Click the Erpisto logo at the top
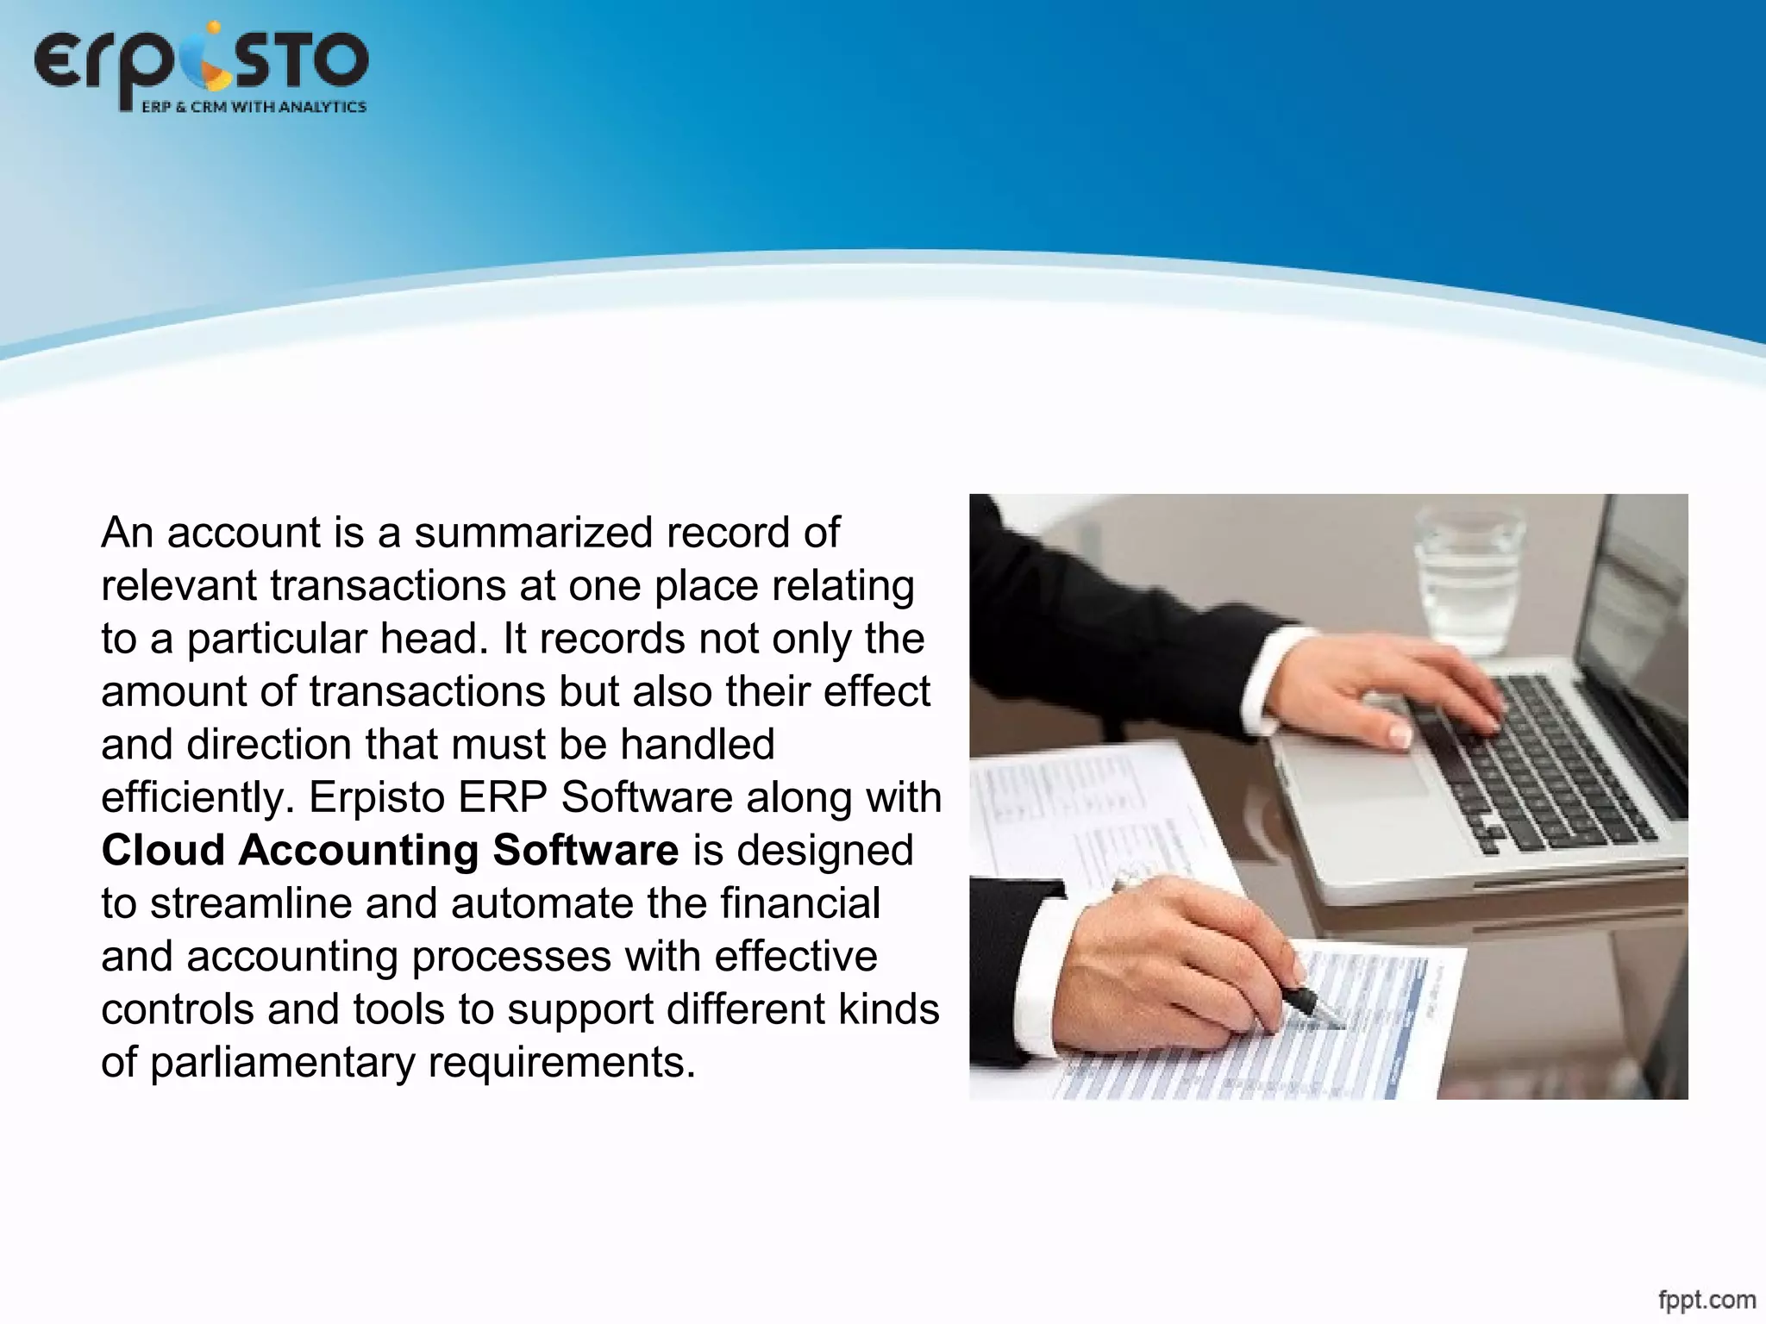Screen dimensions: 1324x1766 point(201,65)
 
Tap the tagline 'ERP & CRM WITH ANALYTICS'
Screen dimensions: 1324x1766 point(254,107)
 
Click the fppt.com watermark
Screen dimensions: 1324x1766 point(1707,1298)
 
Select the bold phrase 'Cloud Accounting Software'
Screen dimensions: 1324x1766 point(390,851)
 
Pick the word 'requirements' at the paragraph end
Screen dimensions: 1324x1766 point(560,1063)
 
